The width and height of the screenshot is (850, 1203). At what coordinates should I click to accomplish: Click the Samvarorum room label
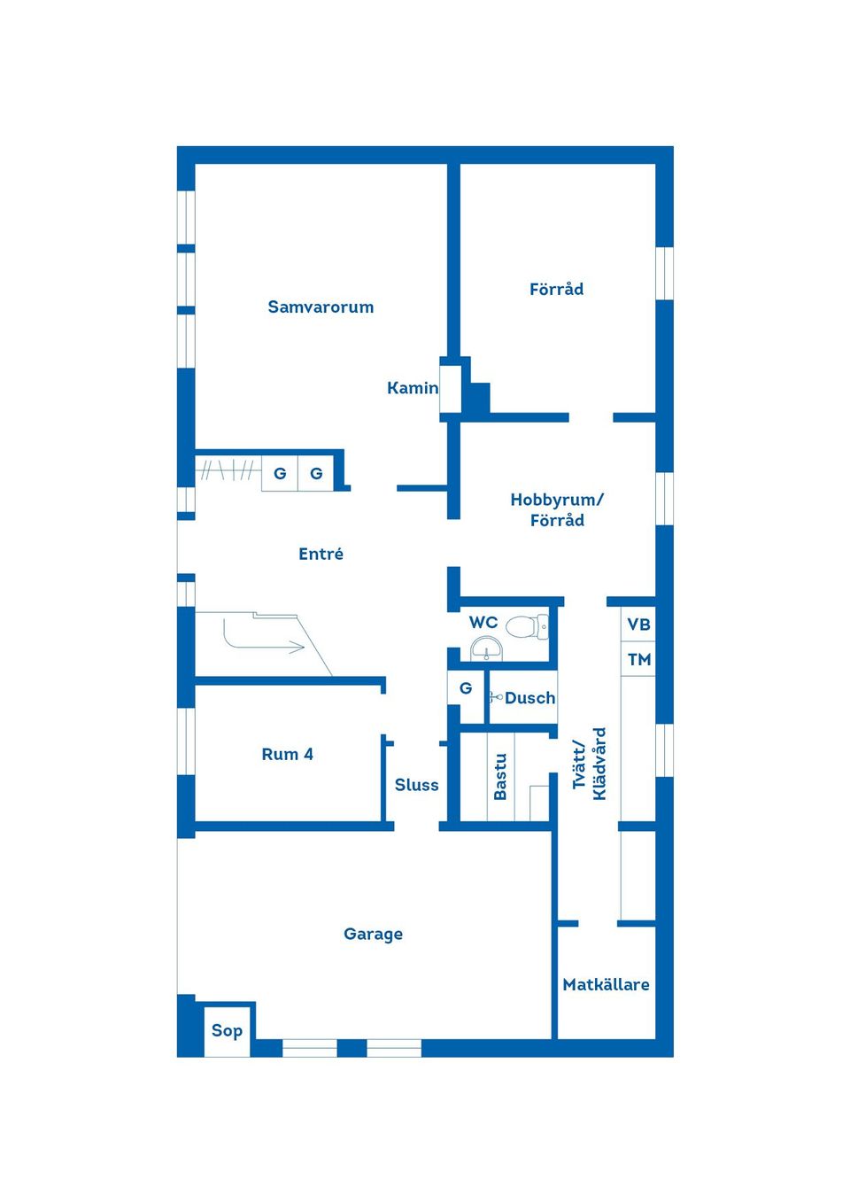(x=321, y=307)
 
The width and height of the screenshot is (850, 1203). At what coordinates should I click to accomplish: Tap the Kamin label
(x=412, y=388)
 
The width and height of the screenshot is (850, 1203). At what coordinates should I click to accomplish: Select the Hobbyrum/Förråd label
(x=557, y=509)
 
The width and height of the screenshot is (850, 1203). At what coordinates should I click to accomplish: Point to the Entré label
(x=321, y=554)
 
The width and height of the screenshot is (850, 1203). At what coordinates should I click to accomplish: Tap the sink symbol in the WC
(x=486, y=651)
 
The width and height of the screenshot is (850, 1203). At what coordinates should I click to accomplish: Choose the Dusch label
(x=529, y=698)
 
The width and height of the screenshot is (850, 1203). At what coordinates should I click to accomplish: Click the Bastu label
(x=500, y=777)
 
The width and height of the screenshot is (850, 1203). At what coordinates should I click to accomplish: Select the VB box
(x=638, y=625)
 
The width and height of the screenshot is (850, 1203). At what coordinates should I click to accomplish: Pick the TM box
(x=638, y=659)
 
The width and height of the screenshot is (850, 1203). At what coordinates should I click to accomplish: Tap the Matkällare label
(x=606, y=984)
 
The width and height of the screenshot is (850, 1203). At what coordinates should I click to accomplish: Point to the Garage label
(x=373, y=934)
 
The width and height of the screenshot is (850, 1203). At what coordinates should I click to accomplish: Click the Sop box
(x=227, y=1030)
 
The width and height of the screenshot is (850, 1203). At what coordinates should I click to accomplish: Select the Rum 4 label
(x=287, y=755)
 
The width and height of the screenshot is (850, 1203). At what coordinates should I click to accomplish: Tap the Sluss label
(x=416, y=785)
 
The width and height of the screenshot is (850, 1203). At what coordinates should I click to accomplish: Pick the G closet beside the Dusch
(x=466, y=688)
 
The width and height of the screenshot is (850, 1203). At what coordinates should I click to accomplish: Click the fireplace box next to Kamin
(x=451, y=388)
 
